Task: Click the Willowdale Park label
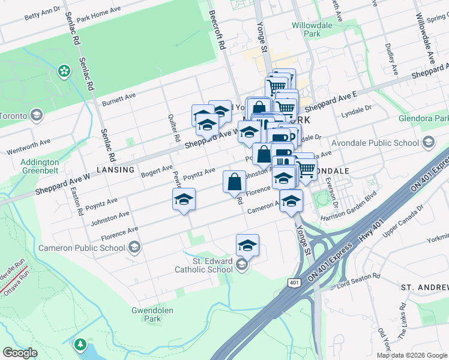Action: coord(312,30)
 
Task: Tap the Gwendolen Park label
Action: coord(148,314)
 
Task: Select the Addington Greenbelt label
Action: coord(40,166)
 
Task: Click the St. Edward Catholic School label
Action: coord(204,265)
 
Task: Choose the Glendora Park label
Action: coord(423,118)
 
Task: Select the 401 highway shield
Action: coord(294,283)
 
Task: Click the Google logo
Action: coord(20,353)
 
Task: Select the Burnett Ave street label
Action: coord(119,98)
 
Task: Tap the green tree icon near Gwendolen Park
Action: coord(79,345)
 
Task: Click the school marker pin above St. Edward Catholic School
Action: coord(247,245)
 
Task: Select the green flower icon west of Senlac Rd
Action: coord(64,71)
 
